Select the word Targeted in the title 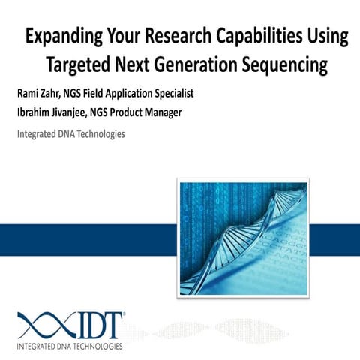81,65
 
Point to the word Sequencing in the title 284,65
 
